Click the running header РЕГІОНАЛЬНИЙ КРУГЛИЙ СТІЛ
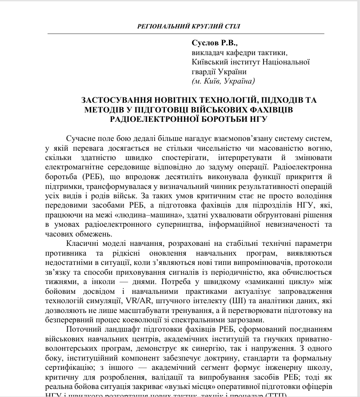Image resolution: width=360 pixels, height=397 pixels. [189, 26]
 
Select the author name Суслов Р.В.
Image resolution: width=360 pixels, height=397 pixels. [215, 44]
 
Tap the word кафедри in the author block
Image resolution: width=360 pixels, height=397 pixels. [238, 53]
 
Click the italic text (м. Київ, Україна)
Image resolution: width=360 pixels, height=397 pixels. [223, 81]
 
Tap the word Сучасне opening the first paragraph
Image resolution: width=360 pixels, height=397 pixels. [81, 139]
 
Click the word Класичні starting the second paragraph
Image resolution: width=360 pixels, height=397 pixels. [83, 245]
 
